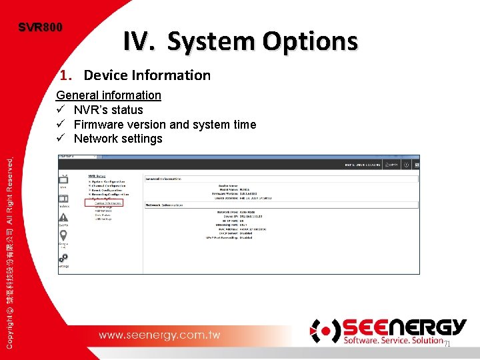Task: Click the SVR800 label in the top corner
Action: [x=40, y=27]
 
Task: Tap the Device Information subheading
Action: [x=147, y=75]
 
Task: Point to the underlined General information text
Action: [x=109, y=95]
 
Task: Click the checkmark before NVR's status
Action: [x=61, y=110]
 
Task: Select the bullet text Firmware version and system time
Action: [x=165, y=125]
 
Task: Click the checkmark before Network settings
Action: [x=61, y=139]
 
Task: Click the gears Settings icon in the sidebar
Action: [x=64, y=257]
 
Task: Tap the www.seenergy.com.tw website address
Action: [x=159, y=335]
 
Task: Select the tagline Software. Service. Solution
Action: [x=393, y=341]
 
